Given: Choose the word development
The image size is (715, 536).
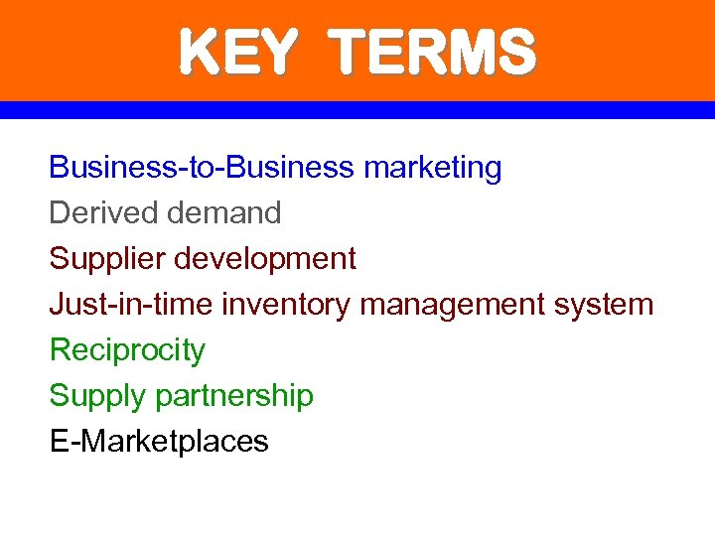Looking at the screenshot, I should [x=265, y=259].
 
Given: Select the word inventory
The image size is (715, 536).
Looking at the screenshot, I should [x=286, y=305].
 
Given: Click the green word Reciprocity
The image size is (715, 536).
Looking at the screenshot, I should [x=127, y=350].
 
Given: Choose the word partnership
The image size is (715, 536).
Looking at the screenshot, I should [x=234, y=396].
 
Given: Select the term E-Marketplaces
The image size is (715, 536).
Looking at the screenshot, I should [x=159, y=441].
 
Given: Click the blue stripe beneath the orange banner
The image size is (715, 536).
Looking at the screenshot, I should [x=357, y=110].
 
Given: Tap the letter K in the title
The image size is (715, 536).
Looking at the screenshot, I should [x=196, y=53].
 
